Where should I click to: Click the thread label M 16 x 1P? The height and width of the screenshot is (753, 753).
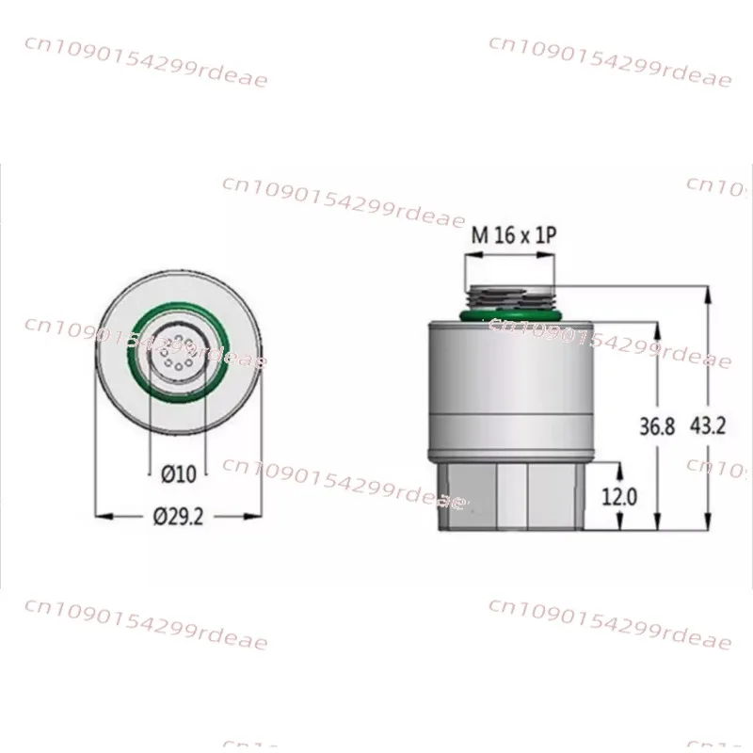tap(513, 235)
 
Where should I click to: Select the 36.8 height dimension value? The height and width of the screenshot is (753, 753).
tap(657, 425)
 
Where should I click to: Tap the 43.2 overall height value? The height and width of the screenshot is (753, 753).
tap(708, 425)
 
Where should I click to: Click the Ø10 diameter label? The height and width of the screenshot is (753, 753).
tap(178, 474)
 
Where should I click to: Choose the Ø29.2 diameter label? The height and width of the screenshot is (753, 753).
tap(178, 517)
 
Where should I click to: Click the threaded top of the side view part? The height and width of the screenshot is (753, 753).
tap(511, 294)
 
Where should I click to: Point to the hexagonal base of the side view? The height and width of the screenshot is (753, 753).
tap(511, 497)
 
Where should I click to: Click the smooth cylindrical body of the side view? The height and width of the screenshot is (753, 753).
tap(511, 386)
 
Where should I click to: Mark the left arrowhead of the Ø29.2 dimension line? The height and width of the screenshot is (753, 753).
tap(102, 516)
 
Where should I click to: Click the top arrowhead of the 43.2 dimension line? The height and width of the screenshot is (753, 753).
tap(708, 291)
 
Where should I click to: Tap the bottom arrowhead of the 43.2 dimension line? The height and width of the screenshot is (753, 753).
tap(708, 528)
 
